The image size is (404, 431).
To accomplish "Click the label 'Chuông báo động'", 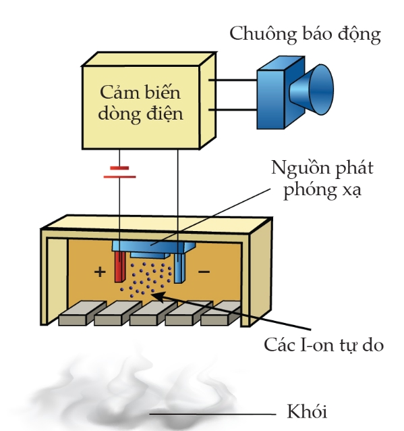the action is click(305, 34).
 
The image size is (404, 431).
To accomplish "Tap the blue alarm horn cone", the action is click(312, 90).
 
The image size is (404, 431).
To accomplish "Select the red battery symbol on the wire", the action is click(119, 172).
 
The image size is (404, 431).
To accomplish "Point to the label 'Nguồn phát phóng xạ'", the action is click(322, 179).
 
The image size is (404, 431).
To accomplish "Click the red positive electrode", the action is click(119, 267).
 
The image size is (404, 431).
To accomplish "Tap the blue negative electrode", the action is click(180, 268).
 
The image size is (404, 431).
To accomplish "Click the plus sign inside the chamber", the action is click(100, 272).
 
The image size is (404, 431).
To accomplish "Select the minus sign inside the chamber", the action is click(204, 272).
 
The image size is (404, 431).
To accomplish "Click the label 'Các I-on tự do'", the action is click(324, 345).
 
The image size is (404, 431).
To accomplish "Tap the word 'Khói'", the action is click(307, 411).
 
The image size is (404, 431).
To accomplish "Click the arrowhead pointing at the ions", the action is click(158, 297).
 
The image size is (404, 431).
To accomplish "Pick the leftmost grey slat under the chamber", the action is click(82, 313).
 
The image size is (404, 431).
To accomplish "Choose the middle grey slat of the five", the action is click(153, 313).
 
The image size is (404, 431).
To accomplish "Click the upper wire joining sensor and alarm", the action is click(233, 80).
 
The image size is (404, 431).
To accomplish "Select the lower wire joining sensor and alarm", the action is click(233, 110).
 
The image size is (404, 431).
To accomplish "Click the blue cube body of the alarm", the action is click(270, 99).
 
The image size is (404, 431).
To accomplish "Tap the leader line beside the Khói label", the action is click(212, 413).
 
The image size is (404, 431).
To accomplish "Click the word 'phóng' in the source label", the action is click(310, 190).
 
